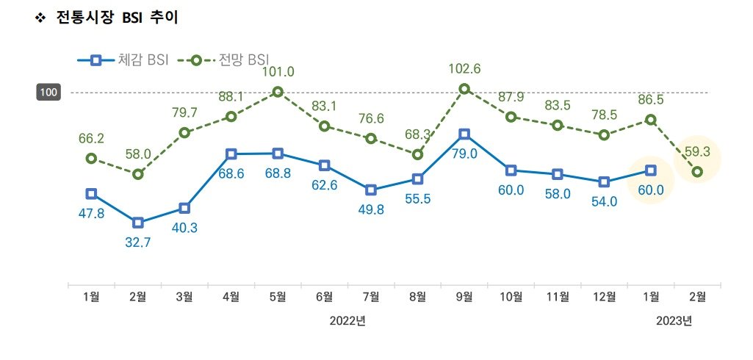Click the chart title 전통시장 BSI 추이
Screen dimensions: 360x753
click(117, 18)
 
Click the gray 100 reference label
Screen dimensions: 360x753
click(50, 93)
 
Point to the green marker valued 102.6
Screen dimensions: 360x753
click(464, 89)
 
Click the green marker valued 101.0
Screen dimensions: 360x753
click(278, 92)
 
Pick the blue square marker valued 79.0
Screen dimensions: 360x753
click(464, 134)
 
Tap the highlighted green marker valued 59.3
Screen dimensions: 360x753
click(697, 172)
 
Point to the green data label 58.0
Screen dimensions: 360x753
click(137, 154)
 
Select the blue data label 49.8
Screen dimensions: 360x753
click(371, 209)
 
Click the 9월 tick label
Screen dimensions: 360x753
click(464, 297)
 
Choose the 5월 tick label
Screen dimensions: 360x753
click(278, 297)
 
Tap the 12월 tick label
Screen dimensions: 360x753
click(604, 297)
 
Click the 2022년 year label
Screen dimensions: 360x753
click(347, 321)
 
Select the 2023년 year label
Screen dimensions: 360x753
click(674, 321)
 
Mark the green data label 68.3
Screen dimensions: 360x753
click(417, 135)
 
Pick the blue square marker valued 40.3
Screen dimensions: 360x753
click(184, 209)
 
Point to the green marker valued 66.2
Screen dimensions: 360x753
click(91, 159)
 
